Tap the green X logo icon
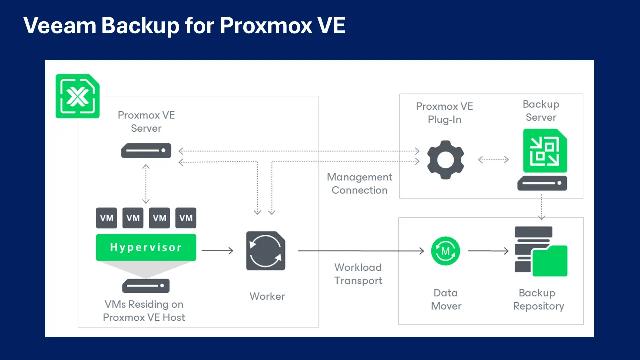(77, 96)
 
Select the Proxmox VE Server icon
(146, 151)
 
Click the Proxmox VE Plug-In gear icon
(445, 160)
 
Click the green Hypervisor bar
(146, 247)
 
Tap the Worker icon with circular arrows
(266, 251)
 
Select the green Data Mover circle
(446, 251)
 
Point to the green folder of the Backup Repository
(550, 261)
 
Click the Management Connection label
(360, 184)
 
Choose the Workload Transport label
(358, 274)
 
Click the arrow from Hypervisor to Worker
(217, 251)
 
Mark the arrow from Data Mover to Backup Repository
(488, 251)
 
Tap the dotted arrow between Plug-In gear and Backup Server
(493, 160)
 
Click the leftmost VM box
(107, 218)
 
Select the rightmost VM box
(186, 218)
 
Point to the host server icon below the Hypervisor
(146, 286)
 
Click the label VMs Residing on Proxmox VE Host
(144, 311)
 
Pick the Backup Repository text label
(538, 300)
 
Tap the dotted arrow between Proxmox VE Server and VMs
(146, 183)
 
